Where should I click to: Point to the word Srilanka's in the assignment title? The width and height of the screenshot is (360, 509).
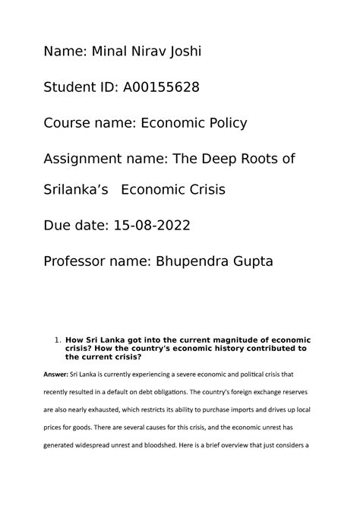(x=77, y=190)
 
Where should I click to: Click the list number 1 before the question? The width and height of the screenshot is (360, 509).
(x=58, y=339)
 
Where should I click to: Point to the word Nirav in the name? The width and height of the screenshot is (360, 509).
(x=149, y=52)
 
